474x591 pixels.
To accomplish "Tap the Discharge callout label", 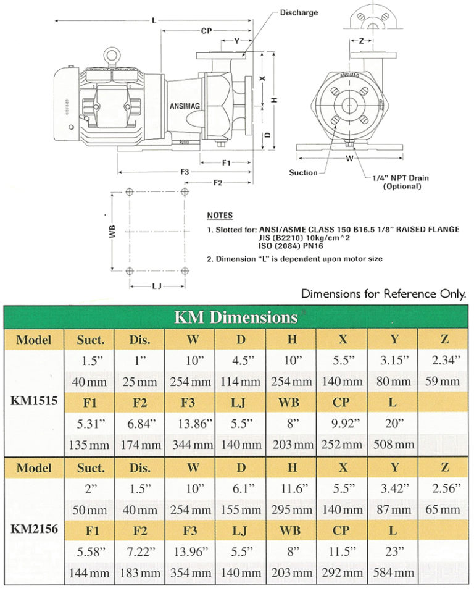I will point(299,12).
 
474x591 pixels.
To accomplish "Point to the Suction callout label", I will point(303,173).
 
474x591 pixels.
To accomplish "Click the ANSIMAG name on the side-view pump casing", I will point(184,106).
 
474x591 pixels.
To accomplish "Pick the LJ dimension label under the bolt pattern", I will point(157,287).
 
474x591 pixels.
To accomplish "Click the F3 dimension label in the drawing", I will point(184,172).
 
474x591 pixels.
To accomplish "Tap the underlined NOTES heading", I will point(220,216).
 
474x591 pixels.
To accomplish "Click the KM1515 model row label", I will point(34,400).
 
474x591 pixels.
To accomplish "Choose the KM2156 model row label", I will point(34,529).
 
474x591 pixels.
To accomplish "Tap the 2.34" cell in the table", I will point(443,360).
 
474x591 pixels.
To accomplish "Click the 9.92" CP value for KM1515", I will point(342,424).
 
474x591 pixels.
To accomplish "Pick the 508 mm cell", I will point(393,445).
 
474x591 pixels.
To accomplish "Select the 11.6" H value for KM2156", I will point(291,488).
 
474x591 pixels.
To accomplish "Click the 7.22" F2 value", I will point(139,551).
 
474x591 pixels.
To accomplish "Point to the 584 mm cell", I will point(393,572).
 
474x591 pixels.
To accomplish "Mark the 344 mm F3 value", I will point(190,445).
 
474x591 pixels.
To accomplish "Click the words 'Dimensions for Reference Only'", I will point(383,294).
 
